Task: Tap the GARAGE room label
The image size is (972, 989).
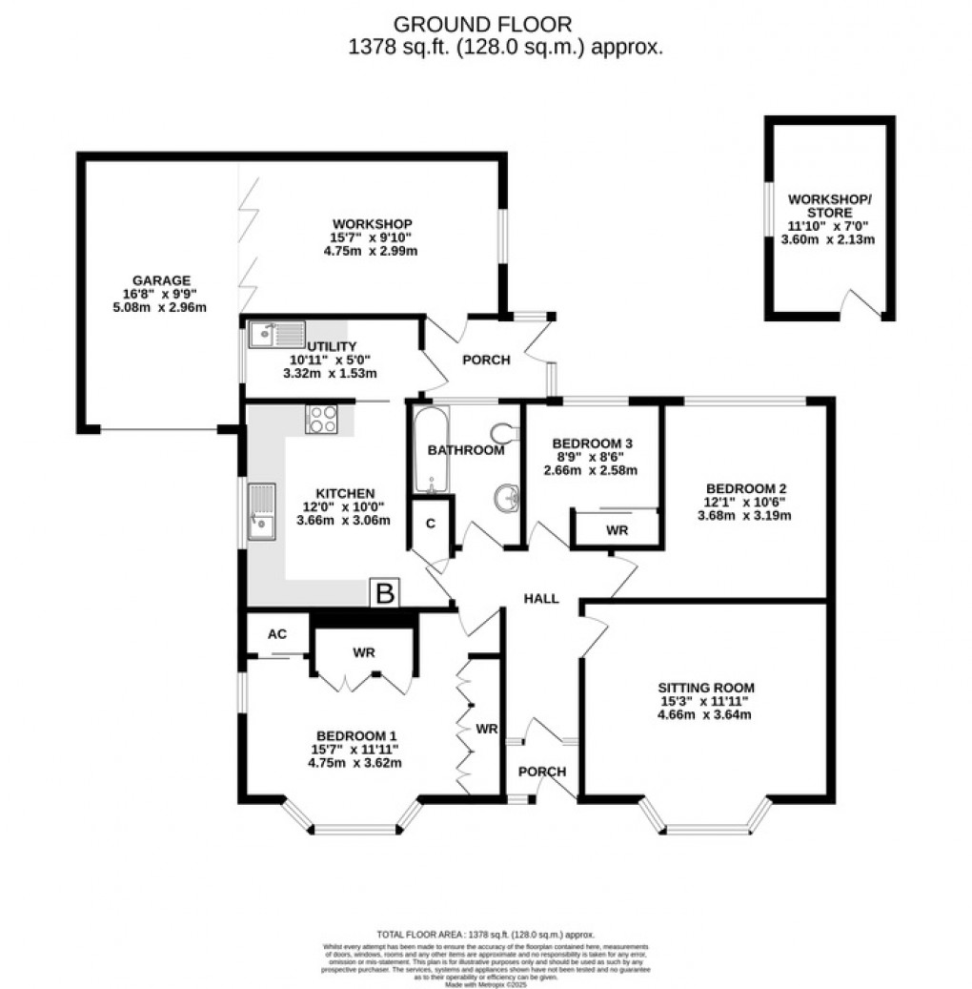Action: tap(160, 280)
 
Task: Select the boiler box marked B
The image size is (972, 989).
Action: tap(385, 593)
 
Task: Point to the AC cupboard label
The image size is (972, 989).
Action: tap(277, 633)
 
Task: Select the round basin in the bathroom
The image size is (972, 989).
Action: tap(505, 497)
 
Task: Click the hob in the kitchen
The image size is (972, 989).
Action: tap(321, 419)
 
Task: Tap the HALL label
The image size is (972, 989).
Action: tap(541, 598)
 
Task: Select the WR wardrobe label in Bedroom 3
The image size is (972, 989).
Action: tap(617, 530)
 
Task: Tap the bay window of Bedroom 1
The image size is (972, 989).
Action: tap(353, 823)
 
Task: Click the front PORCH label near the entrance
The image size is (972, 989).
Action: tap(542, 771)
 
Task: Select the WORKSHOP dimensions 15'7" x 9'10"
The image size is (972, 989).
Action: tap(372, 237)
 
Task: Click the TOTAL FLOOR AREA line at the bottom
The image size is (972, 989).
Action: tap(486, 936)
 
